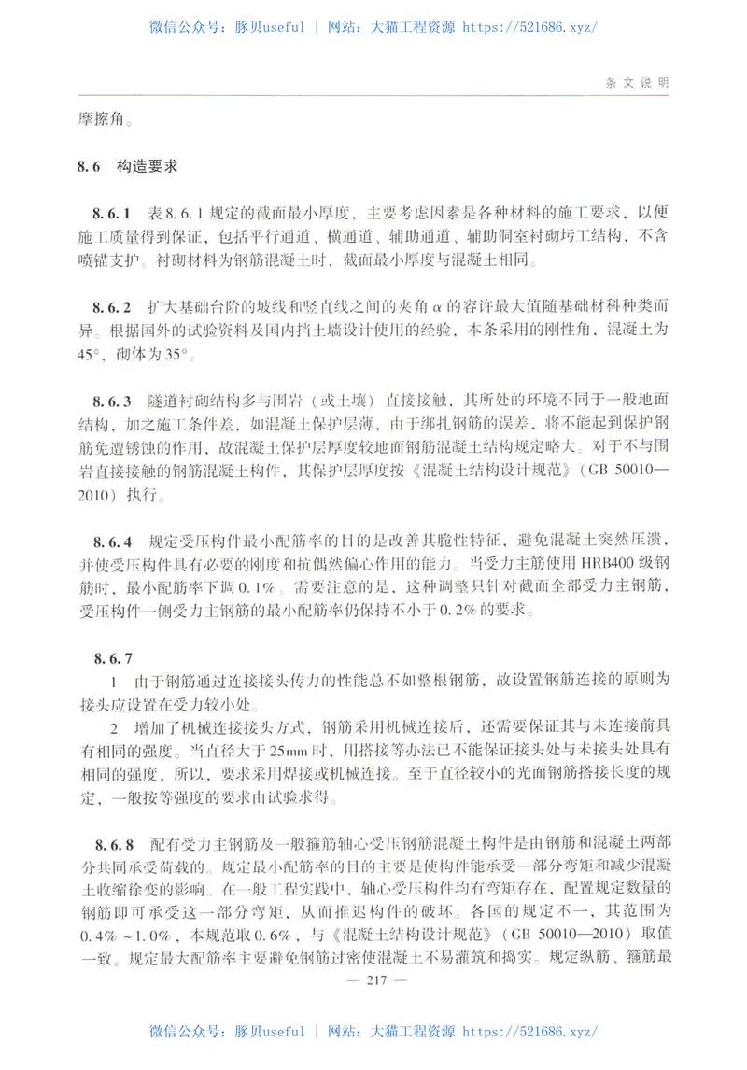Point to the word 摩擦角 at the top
click(97, 119)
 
